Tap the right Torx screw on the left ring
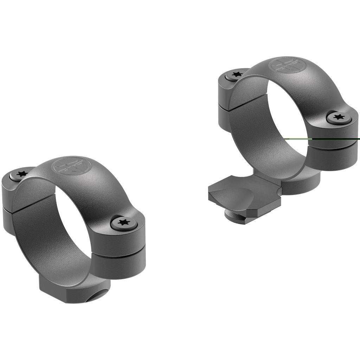(x=123, y=223)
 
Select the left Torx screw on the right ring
(x=234, y=75)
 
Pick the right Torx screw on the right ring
(x=339, y=117)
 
